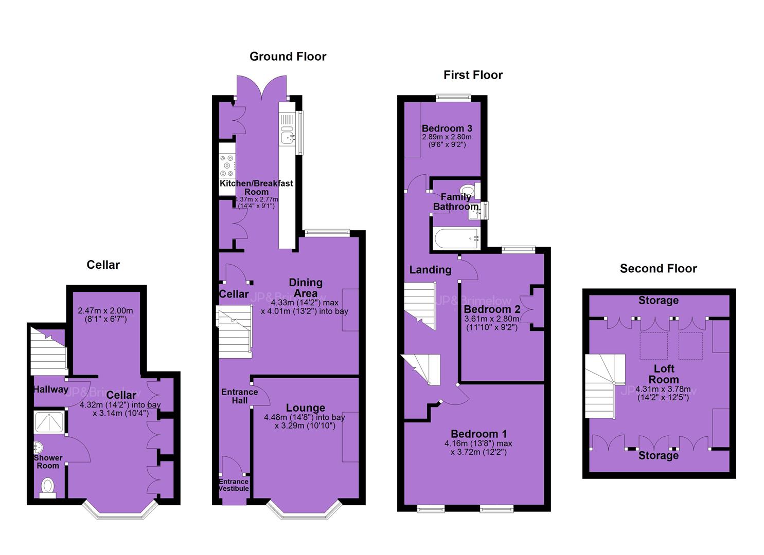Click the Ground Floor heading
288,57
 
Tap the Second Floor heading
658,268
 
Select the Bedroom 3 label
447,128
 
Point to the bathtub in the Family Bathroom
456,239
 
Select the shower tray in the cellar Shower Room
49,422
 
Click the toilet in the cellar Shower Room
48,488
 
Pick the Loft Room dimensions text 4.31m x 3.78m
663,389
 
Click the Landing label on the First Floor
430,270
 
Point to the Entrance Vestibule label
234,485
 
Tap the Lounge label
305,408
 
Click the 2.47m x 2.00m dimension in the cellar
105,311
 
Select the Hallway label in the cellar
51,390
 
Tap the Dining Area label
306,288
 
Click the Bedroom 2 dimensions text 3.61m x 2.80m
492,319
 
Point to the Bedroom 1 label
478,434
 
